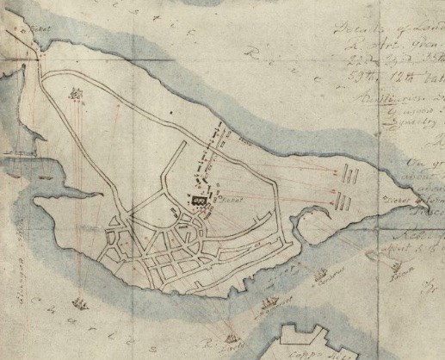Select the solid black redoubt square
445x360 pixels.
[x=199, y=200]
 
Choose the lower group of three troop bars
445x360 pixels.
[x=343, y=201]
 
